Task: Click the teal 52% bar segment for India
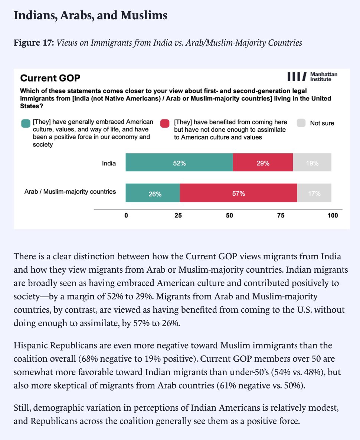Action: coord(179,162)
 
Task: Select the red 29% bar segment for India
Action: coord(263,162)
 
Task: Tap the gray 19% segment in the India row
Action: coord(312,162)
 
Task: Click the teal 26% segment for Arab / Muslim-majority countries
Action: coord(153,193)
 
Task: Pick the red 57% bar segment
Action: coord(238,193)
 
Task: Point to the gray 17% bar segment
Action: coord(314,193)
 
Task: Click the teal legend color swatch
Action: coord(26,124)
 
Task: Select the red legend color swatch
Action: coord(165,124)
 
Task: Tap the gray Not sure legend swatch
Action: coord(302,124)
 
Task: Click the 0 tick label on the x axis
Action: coord(126,216)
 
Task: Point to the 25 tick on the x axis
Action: coord(178,216)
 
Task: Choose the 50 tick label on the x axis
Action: coord(229,216)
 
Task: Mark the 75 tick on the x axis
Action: coord(281,216)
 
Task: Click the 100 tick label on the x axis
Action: coord(333,216)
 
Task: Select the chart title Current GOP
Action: coord(50,78)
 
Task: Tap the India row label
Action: coord(109,162)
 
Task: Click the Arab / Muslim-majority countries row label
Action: coord(70,192)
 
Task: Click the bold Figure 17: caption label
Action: coord(34,43)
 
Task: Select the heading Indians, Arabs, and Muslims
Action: coord(90,16)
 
